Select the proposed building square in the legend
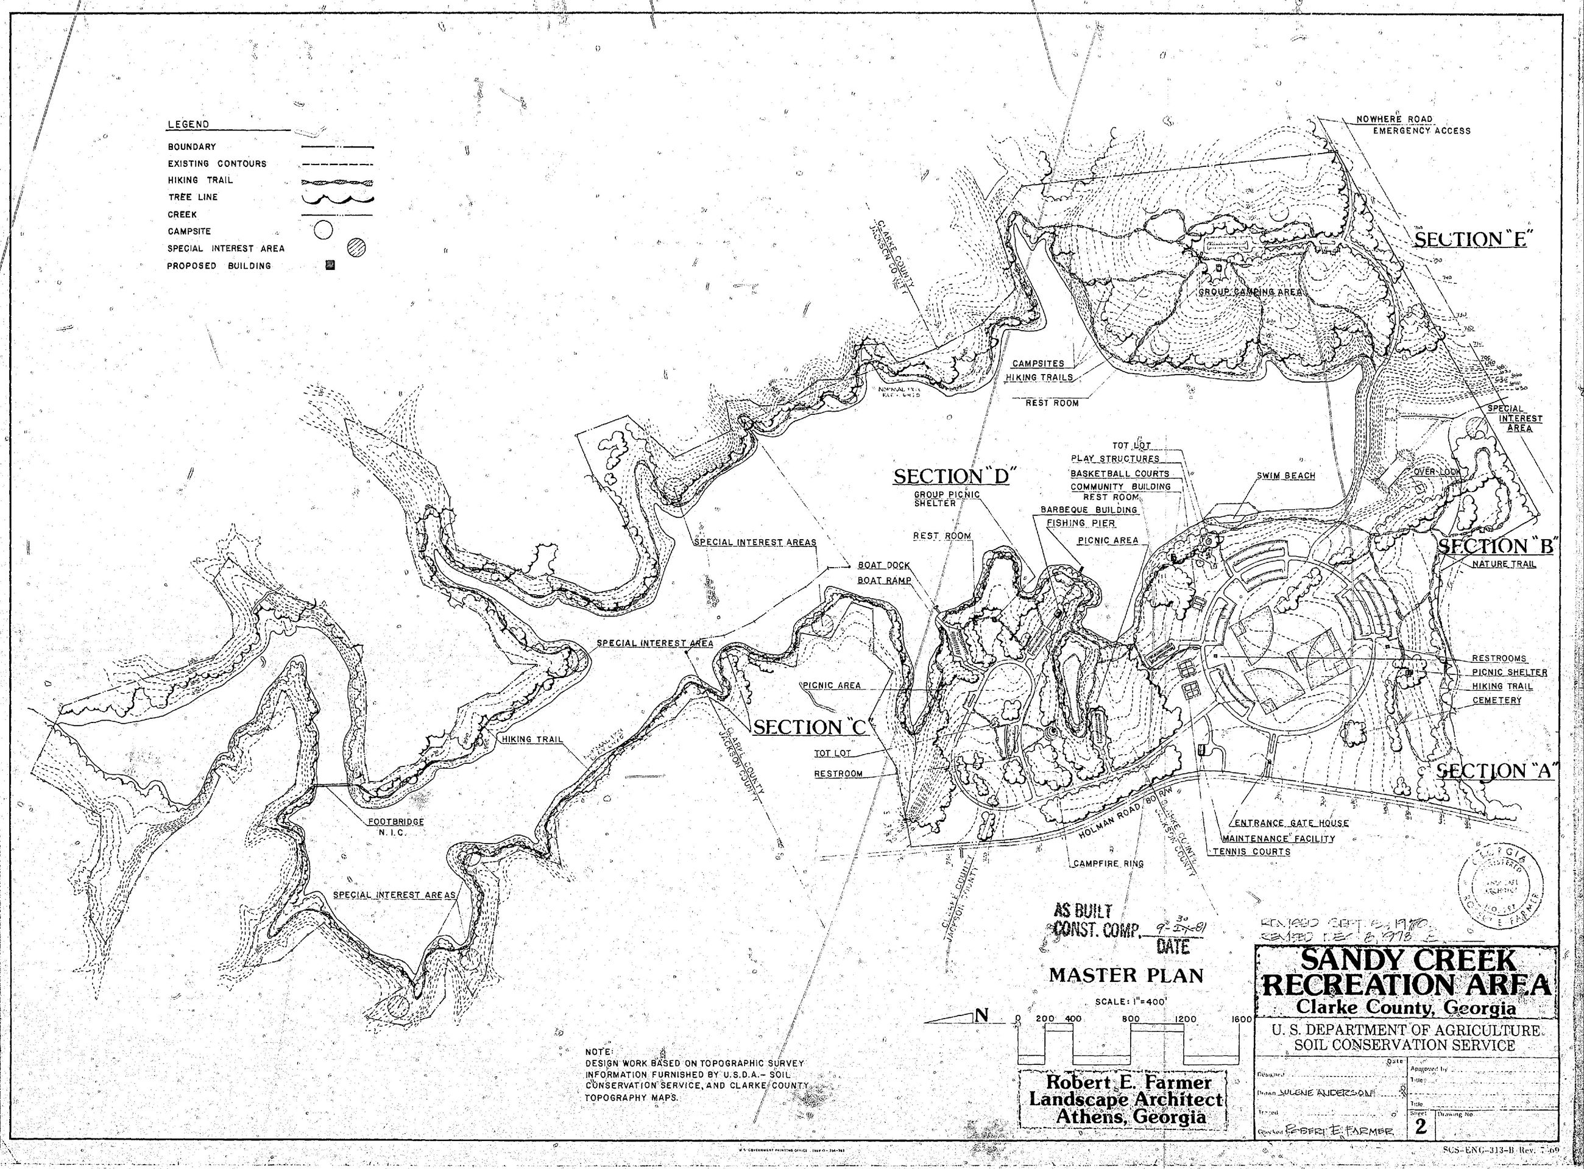(x=330, y=266)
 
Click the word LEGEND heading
(x=188, y=124)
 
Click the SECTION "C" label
(x=810, y=726)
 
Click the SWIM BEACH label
(x=1286, y=476)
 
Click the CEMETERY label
(x=1497, y=701)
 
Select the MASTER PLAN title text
(x=1125, y=976)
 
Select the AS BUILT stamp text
(x=1084, y=911)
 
